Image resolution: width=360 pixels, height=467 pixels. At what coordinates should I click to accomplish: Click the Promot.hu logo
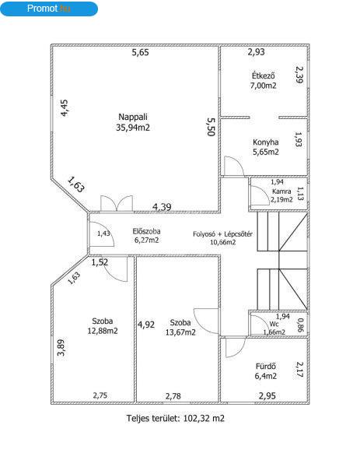(x=49, y=9)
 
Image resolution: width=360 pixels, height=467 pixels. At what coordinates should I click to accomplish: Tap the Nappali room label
(x=133, y=117)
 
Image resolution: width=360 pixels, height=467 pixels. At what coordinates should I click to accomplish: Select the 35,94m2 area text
(x=133, y=128)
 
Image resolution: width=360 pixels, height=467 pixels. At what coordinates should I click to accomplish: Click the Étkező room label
(x=263, y=75)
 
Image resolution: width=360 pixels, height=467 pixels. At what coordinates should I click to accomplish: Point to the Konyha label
(x=266, y=142)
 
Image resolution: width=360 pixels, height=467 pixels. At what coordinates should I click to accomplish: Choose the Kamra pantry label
(x=281, y=191)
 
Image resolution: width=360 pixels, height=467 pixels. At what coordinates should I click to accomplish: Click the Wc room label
(x=274, y=324)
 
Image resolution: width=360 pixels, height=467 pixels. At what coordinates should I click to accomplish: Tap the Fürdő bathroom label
(x=266, y=366)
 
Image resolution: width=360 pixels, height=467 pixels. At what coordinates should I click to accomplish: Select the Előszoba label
(x=146, y=231)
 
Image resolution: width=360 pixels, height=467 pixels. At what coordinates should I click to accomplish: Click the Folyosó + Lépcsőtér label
(x=222, y=234)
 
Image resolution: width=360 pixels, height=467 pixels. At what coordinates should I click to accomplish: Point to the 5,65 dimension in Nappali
(x=140, y=52)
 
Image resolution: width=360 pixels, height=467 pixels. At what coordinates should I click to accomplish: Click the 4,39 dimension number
(x=162, y=207)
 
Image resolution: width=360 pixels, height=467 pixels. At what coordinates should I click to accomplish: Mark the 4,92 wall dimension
(x=146, y=325)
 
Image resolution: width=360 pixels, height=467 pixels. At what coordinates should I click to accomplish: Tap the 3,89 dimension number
(x=61, y=348)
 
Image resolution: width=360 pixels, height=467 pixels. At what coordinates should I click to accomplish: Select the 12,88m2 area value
(x=103, y=331)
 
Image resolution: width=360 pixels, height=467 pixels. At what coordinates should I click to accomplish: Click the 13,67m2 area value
(x=180, y=332)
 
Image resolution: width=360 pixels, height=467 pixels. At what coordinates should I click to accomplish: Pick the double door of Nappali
(x=117, y=204)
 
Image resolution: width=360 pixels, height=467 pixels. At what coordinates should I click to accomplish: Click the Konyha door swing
(x=234, y=166)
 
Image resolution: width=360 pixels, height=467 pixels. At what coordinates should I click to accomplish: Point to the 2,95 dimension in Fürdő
(x=267, y=396)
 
